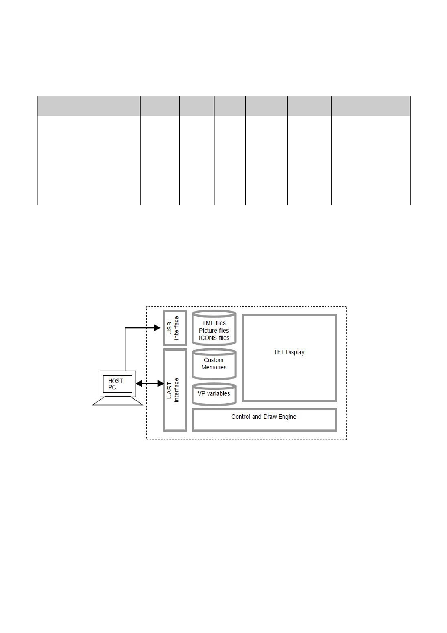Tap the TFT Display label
click(289, 352)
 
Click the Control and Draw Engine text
click(264, 417)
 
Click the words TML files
click(214, 323)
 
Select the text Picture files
click(214, 331)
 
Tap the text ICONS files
click(214, 338)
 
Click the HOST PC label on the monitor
click(115, 384)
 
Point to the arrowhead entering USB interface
click(157, 328)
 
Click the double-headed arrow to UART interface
click(150, 384)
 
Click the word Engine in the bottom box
click(287, 417)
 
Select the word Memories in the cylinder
click(214, 367)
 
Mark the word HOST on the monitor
click(115, 381)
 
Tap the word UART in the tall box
click(170, 388)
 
